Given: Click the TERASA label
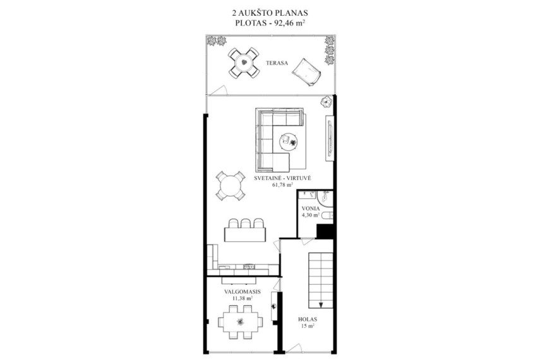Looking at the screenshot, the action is click(277, 63).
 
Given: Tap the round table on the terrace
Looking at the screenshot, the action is click(244, 63).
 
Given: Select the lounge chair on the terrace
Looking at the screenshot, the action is click(306, 73).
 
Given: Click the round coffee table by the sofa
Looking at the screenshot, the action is click(288, 141).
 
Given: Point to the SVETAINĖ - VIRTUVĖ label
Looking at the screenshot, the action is click(282, 178).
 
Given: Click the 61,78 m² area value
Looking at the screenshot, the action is click(282, 185).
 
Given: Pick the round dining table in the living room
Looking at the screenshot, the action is click(231, 186).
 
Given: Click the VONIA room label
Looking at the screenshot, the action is click(311, 208).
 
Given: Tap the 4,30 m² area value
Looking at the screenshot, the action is click(311, 215).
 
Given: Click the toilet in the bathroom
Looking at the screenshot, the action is click(329, 215).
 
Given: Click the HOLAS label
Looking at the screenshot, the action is click(308, 320).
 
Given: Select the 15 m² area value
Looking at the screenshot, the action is click(308, 326).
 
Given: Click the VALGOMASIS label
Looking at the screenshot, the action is click(243, 292).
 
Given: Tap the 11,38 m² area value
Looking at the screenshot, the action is click(243, 298).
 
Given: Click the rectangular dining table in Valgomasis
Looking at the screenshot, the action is click(241, 321).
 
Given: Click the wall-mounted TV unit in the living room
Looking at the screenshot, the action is click(330, 138).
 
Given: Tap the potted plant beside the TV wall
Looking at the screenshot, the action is click(326, 102).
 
